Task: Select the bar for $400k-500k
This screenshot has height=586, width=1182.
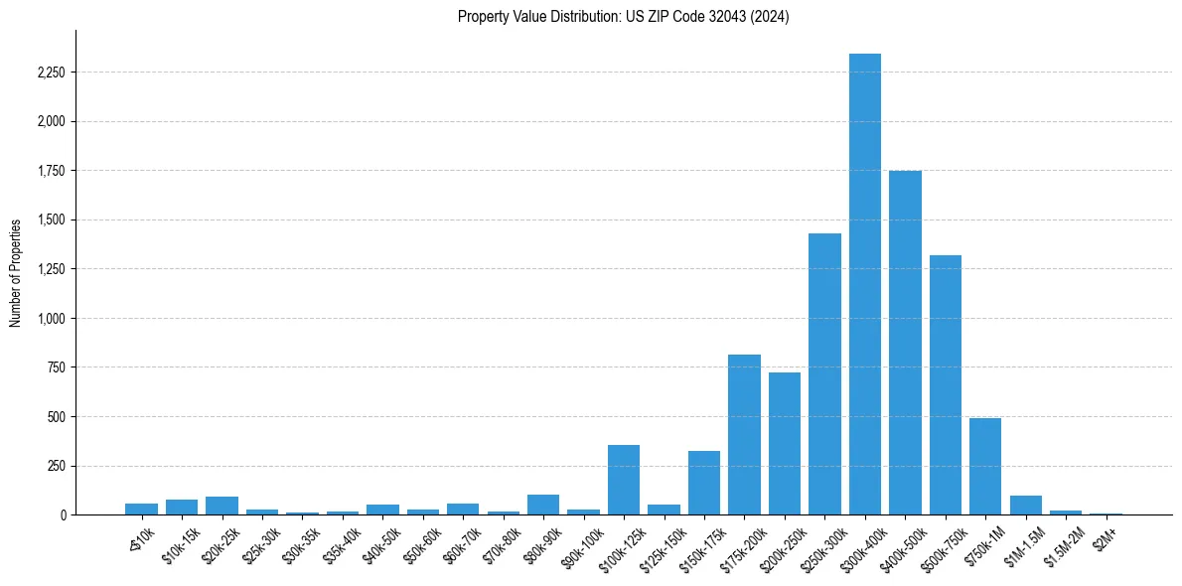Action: click(905, 343)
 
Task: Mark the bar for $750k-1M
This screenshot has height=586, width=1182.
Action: click(985, 467)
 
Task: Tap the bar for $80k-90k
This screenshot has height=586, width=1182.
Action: click(543, 505)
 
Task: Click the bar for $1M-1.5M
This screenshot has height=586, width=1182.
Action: click(1025, 505)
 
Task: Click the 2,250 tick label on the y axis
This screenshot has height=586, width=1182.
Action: click(49, 73)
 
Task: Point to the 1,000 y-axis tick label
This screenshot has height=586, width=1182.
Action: click(49, 319)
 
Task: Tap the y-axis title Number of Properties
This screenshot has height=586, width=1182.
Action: click(16, 273)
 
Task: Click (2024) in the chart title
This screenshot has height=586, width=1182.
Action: click(771, 17)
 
